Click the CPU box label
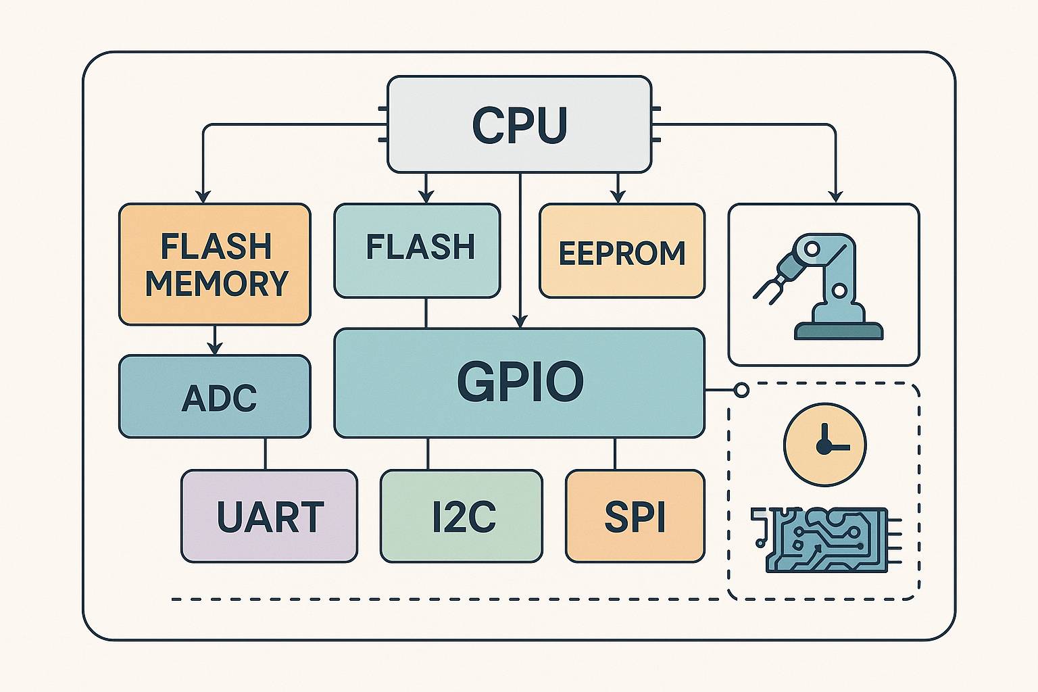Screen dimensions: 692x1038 pyautogui.click(x=519, y=126)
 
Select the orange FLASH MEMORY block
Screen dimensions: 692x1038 pyautogui.click(x=215, y=264)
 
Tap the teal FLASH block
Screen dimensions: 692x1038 pyautogui.click(x=417, y=250)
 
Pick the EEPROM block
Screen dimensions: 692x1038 pyautogui.click(x=622, y=251)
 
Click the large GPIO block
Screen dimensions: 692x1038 pyautogui.click(x=519, y=382)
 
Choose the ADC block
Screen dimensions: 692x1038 pyautogui.click(x=215, y=397)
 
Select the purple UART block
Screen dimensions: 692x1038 pyautogui.click(x=269, y=516)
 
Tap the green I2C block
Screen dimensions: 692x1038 pyautogui.click(x=462, y=516)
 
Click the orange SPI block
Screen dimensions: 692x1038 pyautogui.click(x=635, y=516)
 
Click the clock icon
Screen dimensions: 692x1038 pyautogui.click(x=824, y=445)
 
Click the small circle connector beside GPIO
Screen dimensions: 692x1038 pyautogui.click(x=741, y=391)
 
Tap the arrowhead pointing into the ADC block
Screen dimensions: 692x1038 pyautogui.click(x=215, y=349)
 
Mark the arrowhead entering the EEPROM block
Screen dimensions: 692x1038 pyautogui.click(x=616, y=197)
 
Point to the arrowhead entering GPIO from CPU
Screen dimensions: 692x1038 pyautogui.click(x=520, y=322)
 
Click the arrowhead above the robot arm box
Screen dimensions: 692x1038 pyautogui.click(x=836, y=196)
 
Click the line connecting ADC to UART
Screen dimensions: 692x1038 pyautogui.click(x=265, y=453)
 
